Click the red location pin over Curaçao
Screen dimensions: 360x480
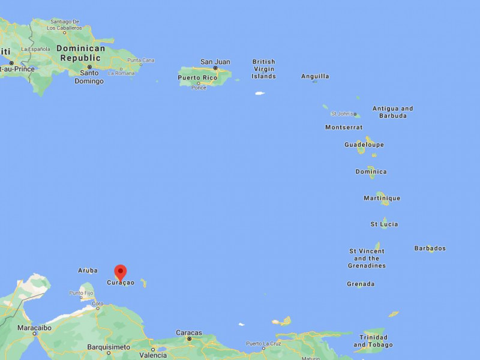click(121, 272)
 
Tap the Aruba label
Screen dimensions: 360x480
click(88, 271)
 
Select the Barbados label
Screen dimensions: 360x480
click(430, 248)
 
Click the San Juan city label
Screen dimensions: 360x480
click(215, 61)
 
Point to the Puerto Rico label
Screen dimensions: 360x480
click(197, 77)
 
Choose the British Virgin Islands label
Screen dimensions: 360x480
click(263, 69)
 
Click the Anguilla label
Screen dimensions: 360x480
click(315, 76)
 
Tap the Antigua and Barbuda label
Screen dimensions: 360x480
click(392, 112)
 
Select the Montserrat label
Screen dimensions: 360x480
click(344, 127)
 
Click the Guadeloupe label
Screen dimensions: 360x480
click(364, 145)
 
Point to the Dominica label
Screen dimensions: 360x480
click(371, 172)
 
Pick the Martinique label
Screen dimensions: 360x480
click(382, 198)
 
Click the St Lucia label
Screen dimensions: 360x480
click(384, 224)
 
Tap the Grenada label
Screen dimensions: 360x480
click(361, 284)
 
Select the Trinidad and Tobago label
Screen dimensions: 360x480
click(373, 341)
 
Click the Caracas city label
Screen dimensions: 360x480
click(188, 332)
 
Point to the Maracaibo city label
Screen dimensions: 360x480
click(34, 328)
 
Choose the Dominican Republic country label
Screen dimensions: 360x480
click(80, 53)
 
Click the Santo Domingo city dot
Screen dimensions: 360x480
click(89, 67)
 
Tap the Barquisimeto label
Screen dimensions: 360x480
click(108, 347)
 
